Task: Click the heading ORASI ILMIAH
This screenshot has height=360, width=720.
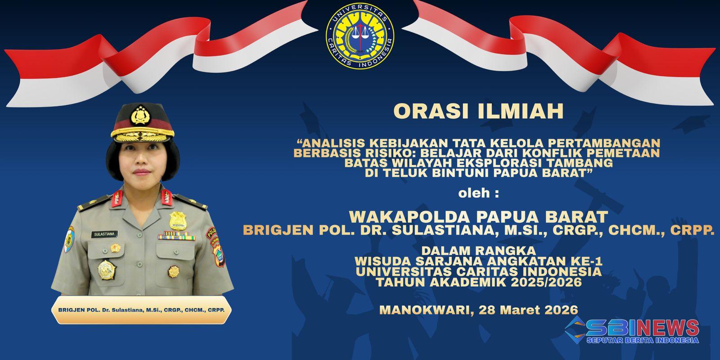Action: (479, 111)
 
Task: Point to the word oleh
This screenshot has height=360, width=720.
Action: (474, 193)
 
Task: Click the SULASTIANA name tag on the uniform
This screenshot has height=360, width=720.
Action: (104, 234)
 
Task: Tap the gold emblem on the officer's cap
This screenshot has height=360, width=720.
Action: (140, 115)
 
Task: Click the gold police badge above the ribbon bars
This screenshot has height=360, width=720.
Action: (177, 221)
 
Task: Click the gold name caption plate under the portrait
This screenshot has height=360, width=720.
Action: (141, 310)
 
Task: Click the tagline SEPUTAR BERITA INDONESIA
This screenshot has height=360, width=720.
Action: (642, 340)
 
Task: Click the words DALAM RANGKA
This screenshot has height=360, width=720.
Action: (479, 250)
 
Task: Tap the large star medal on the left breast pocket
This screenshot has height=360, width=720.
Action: (107, 270)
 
